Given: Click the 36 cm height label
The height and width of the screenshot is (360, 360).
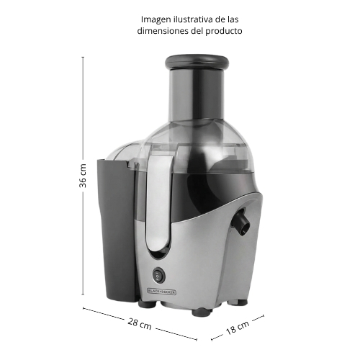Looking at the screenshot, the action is (x=83, y=176).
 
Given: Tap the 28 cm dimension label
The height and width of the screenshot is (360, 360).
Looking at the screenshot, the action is (x=140, y=324).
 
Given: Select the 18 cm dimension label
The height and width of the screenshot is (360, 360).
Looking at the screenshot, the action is (x=238, y=328).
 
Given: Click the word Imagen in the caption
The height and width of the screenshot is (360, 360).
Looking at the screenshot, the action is (x=156, y=19).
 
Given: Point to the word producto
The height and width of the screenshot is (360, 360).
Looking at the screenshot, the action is (x=224, y=31).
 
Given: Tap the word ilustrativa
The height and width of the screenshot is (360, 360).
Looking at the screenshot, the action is (x=193, y=19).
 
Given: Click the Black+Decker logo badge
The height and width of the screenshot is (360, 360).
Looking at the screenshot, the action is (x=161, y=292).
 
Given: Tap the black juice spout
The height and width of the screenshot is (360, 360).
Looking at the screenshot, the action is (x=241, y=222).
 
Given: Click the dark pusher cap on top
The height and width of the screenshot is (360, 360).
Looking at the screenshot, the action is (x=197, y=62).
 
